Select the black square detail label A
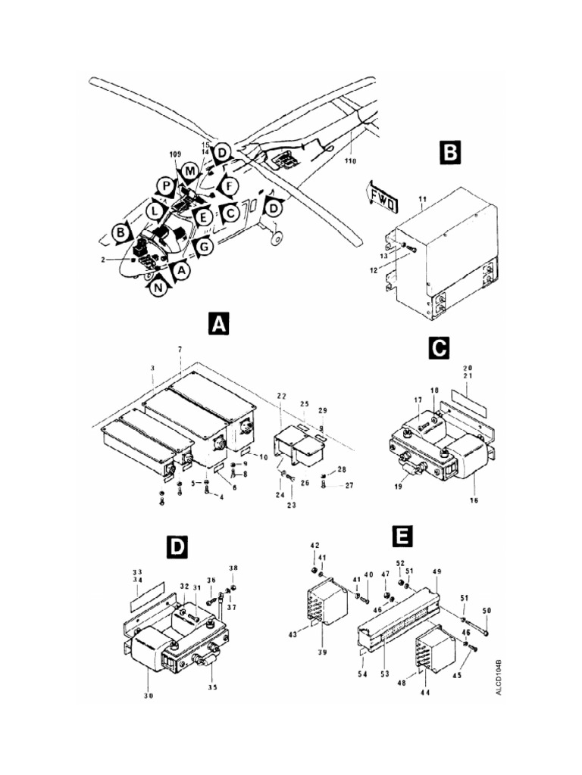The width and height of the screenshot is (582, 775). point(217,325)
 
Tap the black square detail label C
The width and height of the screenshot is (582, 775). point(440,347)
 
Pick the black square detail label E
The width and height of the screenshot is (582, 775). point(402,537)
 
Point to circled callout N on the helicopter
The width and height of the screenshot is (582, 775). point(157,288)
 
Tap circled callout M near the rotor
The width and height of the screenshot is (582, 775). point(189,172)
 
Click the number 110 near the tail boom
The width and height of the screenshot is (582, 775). point(349,160)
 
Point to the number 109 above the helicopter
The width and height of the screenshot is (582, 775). point(175,154)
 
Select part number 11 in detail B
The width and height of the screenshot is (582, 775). point(423,198)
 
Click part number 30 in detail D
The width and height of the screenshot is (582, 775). point(149,696)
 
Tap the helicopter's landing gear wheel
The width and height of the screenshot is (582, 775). point(277,238)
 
